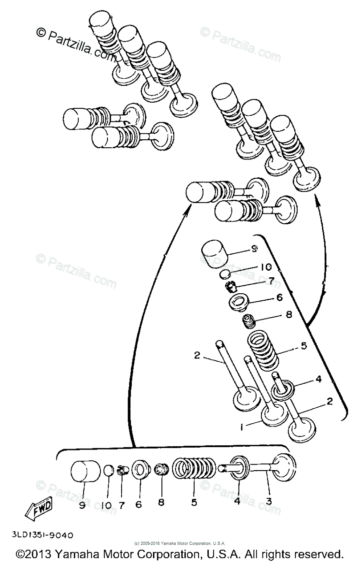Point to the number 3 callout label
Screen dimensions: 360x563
coord(268,502)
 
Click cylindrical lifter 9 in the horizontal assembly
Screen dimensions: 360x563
coord(87,471)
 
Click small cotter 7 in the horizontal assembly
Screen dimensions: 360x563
coord(123,470)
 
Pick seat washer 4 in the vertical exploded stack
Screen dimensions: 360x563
coord(283,388)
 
